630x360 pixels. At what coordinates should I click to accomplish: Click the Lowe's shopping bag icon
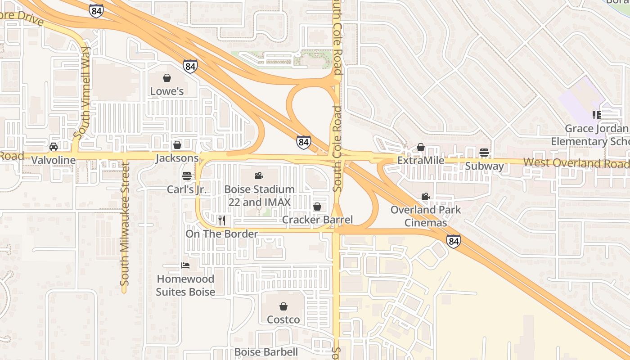(x=167, y=78)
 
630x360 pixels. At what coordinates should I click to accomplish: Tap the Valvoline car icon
(x=54, y=147)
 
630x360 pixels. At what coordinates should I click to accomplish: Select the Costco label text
(x=283, y=319)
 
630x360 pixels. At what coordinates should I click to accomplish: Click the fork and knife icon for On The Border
(x=221, y=220)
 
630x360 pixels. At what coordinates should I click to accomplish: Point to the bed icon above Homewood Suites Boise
(x=185, y=265)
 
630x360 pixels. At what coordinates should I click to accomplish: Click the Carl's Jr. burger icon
(x=187, y=175)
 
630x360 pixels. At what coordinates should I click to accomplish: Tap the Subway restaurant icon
(x=484, y=153)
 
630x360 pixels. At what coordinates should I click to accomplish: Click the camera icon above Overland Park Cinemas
(x=425, y=196)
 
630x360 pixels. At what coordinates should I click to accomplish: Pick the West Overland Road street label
(x=576, y=163)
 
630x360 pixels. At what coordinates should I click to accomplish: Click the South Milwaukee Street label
(x=125, y=225)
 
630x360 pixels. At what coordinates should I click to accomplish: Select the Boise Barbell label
(x=266, y=352)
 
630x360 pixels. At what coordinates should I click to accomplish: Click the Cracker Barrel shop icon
(x=317, y=207)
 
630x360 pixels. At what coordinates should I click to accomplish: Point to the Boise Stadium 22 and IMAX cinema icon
(x=259, y=175)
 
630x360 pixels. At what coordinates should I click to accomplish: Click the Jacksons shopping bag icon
(x=177, y=145)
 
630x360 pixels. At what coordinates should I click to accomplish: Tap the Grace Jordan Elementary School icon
(x=596, y=115)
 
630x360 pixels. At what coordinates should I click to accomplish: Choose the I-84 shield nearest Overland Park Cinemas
(x=454, y=241)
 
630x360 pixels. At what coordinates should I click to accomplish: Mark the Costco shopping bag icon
(x=283, y=306)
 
